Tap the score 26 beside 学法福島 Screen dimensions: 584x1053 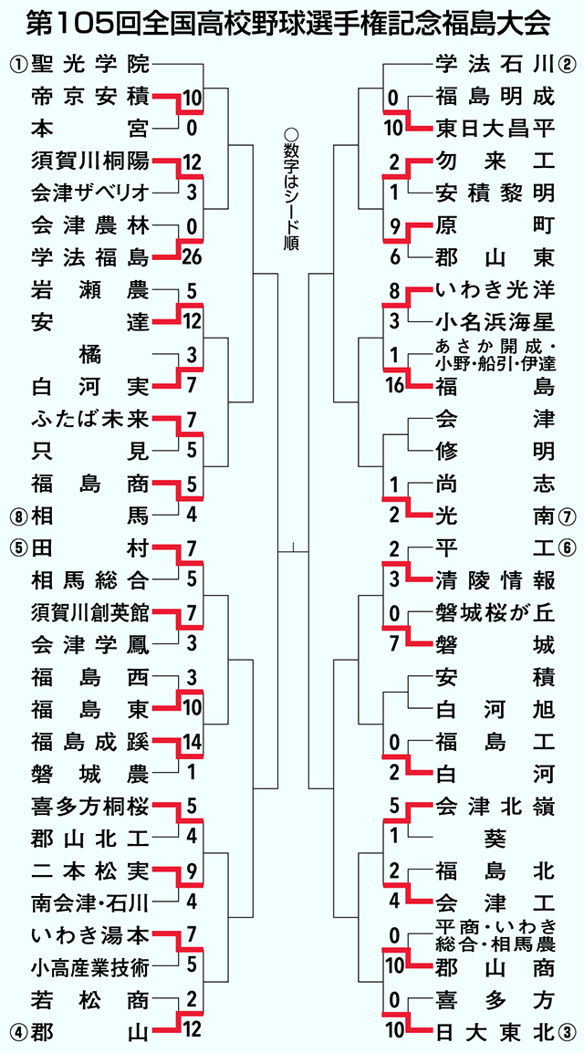pyautogui.click(x=192, y=256)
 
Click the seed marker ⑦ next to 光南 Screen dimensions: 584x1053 pyautogui.click(x=565, y=516)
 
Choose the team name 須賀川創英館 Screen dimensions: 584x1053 pyautogui.click(x=89, y=612)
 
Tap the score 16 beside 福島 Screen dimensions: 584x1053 pyautogui.click(x=395, y=388)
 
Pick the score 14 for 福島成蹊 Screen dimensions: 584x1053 pyautogui.click(x=192, y=742)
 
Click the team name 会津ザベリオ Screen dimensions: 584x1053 pyautogui.click(x=89, y=193)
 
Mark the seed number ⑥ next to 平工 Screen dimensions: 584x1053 pyautogui.click(x=565, y=548)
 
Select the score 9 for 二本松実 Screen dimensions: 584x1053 pyautogui.click(x=192, y=871)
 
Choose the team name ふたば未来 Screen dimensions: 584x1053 pyautogui.click(x=89, y=420)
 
